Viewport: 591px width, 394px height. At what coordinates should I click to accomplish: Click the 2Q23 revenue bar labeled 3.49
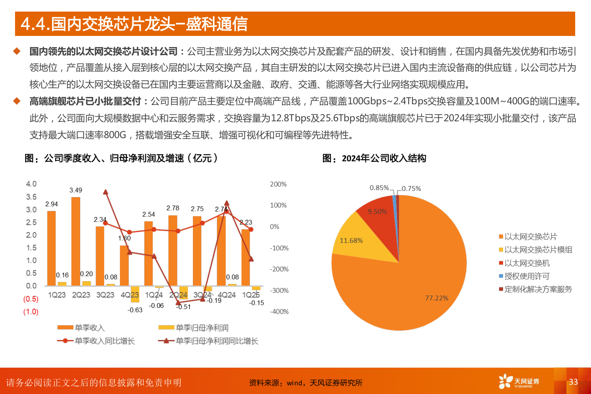76,241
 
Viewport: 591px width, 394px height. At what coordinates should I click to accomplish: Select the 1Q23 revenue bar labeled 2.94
51,248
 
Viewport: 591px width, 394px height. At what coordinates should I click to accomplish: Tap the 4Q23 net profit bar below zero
135,294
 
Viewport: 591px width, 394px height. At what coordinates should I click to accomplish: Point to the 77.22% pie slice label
436,298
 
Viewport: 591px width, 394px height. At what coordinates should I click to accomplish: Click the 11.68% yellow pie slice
351,240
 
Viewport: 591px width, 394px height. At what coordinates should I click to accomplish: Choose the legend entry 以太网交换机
527,263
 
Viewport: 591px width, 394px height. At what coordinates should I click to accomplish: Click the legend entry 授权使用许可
527,277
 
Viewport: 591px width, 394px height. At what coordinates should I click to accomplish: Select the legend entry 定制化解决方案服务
538,290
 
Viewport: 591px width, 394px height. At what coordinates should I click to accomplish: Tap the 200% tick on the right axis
278,185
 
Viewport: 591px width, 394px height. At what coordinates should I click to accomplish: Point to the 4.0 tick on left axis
31,184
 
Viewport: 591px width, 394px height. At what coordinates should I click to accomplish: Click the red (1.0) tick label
31,312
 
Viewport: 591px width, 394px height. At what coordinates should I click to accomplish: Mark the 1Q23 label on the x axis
57,295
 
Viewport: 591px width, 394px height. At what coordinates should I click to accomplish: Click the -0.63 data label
135,310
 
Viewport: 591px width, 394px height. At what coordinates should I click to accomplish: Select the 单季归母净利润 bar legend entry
194,328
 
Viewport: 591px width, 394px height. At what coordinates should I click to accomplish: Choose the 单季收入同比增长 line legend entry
96,341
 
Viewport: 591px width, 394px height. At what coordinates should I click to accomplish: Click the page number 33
573,382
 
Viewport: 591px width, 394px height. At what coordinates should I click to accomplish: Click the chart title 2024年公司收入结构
384,158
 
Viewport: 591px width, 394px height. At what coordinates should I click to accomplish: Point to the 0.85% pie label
379,188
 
